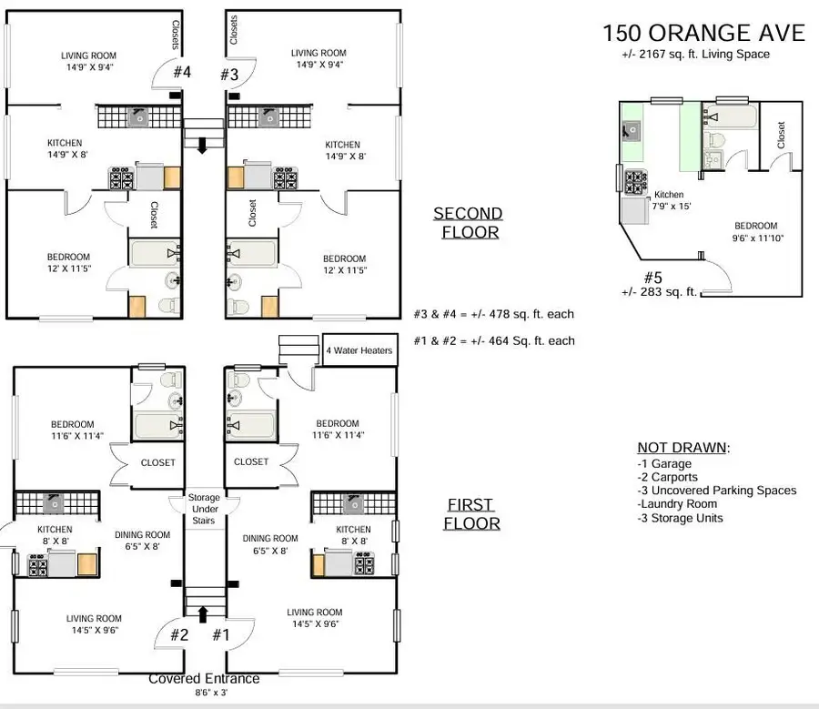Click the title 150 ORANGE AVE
703,33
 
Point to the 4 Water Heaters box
359,350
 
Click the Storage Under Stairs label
204,510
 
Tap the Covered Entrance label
204,679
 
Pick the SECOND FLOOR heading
467,222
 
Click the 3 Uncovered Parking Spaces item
717,491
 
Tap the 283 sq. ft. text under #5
658,292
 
